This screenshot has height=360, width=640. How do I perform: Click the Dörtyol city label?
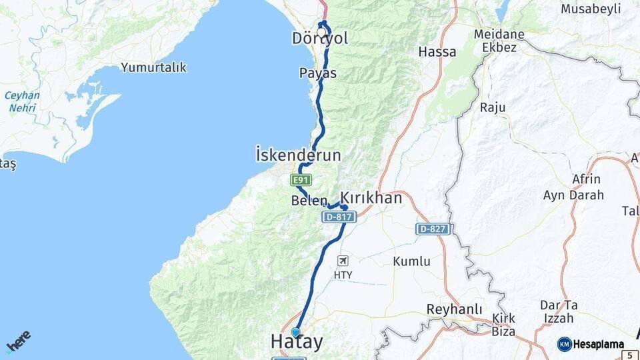click(320, 39)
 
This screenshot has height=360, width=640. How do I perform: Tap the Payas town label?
click(318, 73)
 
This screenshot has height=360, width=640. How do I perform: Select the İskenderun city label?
click(298, 155)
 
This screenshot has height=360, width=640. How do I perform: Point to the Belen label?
click(309, 201)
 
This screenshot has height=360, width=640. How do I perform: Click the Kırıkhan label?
click(371, 198)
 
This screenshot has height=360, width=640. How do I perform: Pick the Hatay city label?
click(297, 343)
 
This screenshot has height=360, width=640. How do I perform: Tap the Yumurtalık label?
click(153, 67)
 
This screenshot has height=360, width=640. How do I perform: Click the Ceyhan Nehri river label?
click(22, 101)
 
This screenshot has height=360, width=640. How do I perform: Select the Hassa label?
click(437, 51)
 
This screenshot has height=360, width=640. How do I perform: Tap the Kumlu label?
click(411, 261)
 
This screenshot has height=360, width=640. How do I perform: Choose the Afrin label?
click(586, 179)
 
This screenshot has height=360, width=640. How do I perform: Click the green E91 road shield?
click(301, 180)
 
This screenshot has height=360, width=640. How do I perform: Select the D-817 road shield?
click(339, 217)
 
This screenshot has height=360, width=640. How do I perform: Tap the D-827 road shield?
click(434, 229)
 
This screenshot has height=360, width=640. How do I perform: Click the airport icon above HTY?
click(343, 261)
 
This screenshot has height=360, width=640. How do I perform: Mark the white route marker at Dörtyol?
click(321, 31)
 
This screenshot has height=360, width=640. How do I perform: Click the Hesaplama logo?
click(591, 344)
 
